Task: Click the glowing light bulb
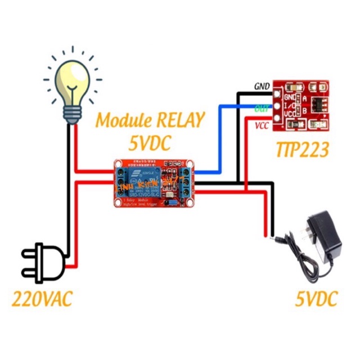coord(71,82)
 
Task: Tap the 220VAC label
coord(42,299)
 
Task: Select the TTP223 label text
coord(301,150)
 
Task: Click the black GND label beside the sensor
coord(262,87)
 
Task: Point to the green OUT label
coord(262,107)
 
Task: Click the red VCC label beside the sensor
coord(262,125)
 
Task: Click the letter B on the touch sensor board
coord(304,111)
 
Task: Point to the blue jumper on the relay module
coord(174,201)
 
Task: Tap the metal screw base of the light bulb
coord(72,112)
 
